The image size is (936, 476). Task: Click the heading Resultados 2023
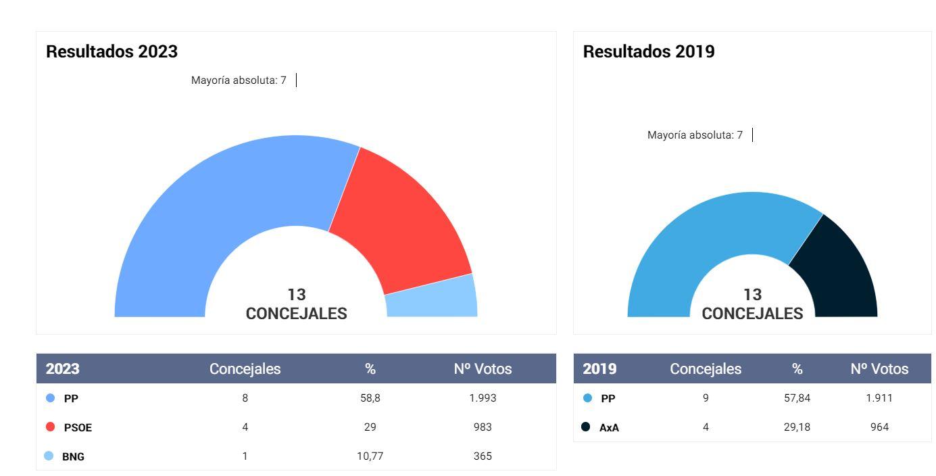[x=112, y=51]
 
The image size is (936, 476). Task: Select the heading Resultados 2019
[x=649, y=51]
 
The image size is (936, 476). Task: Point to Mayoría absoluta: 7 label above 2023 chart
[x=239, y=80]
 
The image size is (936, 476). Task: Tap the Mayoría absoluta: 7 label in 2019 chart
[x=695, y=135]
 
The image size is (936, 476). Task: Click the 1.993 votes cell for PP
[x=483, y=398]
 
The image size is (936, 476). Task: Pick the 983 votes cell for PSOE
[x=483, y=427]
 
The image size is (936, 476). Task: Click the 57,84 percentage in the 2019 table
[x=797, y=398]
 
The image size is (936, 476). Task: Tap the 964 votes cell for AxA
[x=879, y=427]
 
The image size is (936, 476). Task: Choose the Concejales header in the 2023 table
[x=245, y=369]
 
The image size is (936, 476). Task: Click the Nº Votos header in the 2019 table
[x=879, y=369]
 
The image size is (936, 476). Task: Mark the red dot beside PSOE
[x=50, y=427]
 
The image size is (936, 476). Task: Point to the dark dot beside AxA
[x=585, y=427]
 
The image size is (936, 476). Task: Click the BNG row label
[x=73, y=456]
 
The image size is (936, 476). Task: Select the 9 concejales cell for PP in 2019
[x=706, y=398]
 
